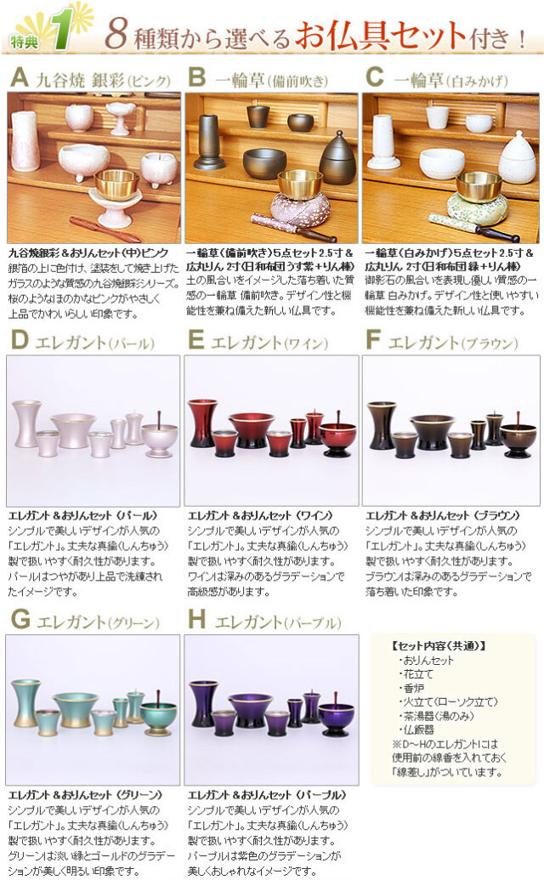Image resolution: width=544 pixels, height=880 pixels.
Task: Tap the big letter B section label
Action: [x=196, y=79]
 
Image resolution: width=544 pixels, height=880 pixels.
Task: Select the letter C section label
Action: [x=375, y=79]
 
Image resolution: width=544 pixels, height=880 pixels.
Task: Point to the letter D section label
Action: [x=20, y=342]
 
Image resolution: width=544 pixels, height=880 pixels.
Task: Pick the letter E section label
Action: [x=196, y=342]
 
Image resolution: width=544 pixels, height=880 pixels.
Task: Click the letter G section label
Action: [x=20, y=619]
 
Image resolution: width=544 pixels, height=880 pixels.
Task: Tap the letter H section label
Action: [x=197, y=619]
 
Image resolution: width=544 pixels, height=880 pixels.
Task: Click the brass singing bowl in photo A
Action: [x=116, y=183]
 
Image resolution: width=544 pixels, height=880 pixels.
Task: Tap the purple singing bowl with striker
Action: [x=336, y=717]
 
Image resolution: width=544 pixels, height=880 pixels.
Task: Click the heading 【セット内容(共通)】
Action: [x=440, y=645]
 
